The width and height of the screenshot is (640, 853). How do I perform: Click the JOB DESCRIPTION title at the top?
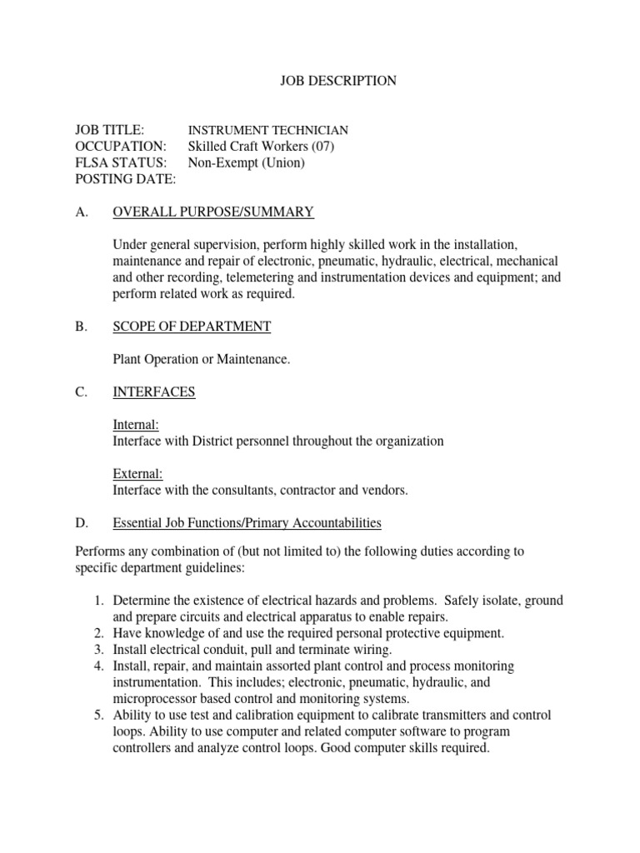[336, 81]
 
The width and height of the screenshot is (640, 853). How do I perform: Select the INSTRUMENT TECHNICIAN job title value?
[267, 131]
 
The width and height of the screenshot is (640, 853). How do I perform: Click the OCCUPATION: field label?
[121, 147]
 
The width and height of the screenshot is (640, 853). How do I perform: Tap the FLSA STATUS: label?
[121, 162]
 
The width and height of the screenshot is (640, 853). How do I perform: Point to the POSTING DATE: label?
[126, 178]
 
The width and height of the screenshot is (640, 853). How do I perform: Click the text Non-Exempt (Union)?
[247, 162]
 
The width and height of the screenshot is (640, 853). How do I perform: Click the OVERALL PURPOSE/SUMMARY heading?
[213, 212]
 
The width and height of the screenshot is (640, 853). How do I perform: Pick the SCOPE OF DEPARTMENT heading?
[192, 327]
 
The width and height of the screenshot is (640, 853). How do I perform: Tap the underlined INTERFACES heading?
[154, 392]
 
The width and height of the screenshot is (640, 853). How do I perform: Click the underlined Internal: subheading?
[136, 425]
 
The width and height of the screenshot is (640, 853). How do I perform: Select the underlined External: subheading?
[137, 474]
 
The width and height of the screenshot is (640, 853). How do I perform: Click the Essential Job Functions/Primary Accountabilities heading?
[247, 523]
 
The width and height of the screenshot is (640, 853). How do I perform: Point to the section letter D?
[82, 523]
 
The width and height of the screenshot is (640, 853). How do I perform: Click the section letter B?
[81, 327]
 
